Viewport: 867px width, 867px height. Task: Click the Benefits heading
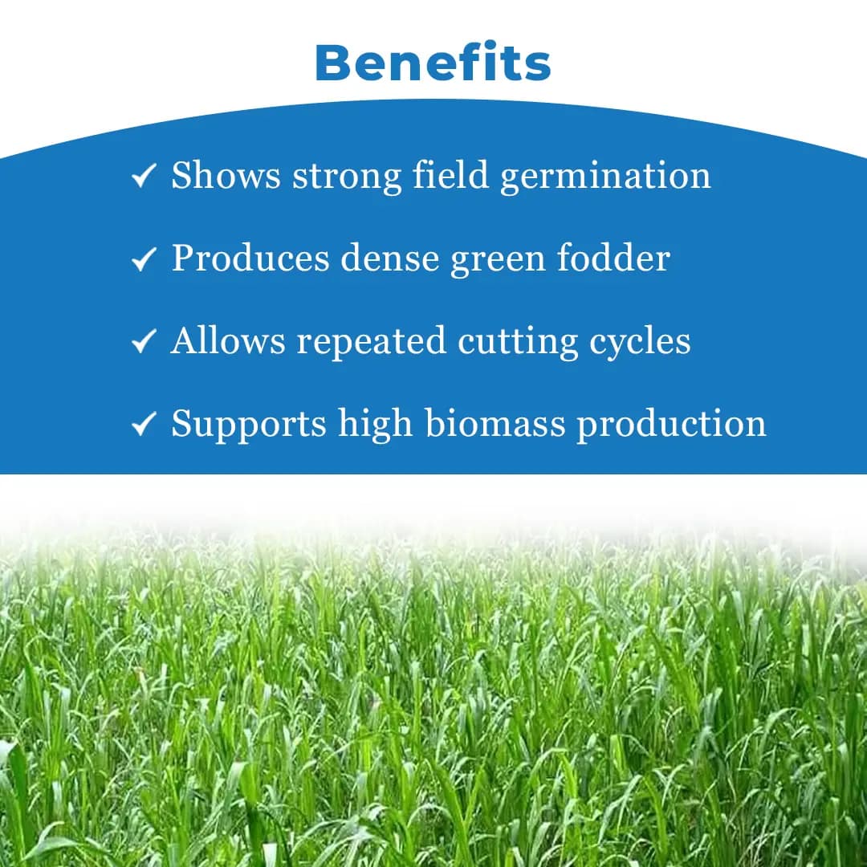point(433,62)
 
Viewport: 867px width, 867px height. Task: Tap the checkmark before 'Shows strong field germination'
point(142,177)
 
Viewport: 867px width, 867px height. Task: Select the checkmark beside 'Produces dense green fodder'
point(142,259)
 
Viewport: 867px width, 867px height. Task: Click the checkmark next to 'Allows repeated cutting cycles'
point(142,342)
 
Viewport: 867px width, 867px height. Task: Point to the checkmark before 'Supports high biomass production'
point(142,425)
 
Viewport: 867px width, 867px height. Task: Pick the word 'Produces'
point(250,259)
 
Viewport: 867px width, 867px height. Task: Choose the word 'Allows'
point(228,340)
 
